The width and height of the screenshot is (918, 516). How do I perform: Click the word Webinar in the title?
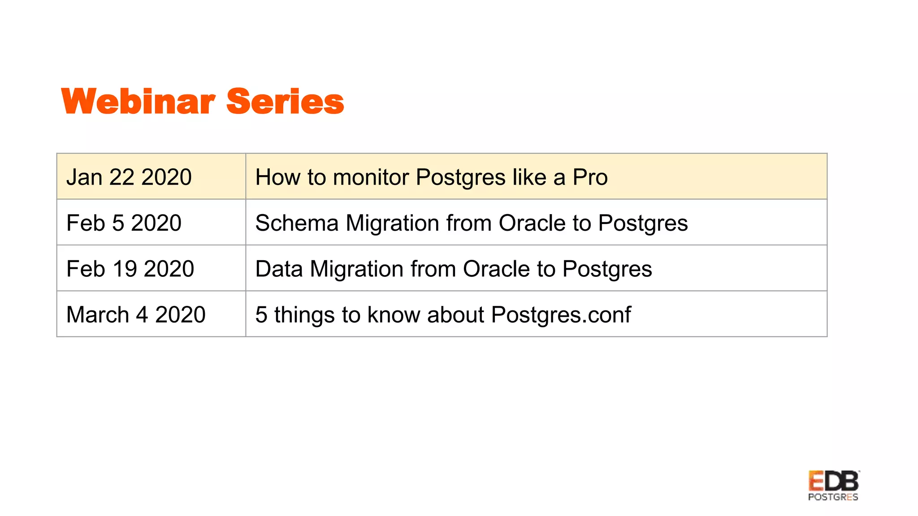138,102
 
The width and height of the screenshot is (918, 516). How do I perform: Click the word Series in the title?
285,102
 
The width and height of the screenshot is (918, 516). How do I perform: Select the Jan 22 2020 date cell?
129,177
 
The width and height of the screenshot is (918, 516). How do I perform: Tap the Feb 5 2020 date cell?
124,223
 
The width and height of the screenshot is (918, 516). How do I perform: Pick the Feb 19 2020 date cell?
130,269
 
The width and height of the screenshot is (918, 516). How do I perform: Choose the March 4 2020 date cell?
136,314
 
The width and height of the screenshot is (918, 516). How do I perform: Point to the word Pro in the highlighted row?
590,177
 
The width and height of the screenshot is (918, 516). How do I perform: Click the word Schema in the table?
297,223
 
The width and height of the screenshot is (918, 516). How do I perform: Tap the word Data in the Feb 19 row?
279,269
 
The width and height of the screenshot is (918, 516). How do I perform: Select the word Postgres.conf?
561,314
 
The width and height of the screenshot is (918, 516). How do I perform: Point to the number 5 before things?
261,314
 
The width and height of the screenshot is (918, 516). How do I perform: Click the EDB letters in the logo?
833,481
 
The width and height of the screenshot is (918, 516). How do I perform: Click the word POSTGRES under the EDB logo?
833,497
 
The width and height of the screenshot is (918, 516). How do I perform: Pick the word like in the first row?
529,177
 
